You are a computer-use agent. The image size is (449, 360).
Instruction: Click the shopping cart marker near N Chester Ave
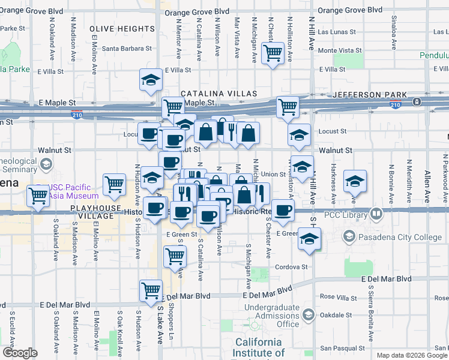pos(273,53)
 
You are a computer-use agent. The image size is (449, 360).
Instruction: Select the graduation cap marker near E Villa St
pos(151,79)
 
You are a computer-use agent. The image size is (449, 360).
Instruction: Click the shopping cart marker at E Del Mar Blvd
pos(151,290)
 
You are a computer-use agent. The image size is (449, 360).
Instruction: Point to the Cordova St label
pos(292,267)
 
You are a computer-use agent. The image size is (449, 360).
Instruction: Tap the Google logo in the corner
pos(20,353)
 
